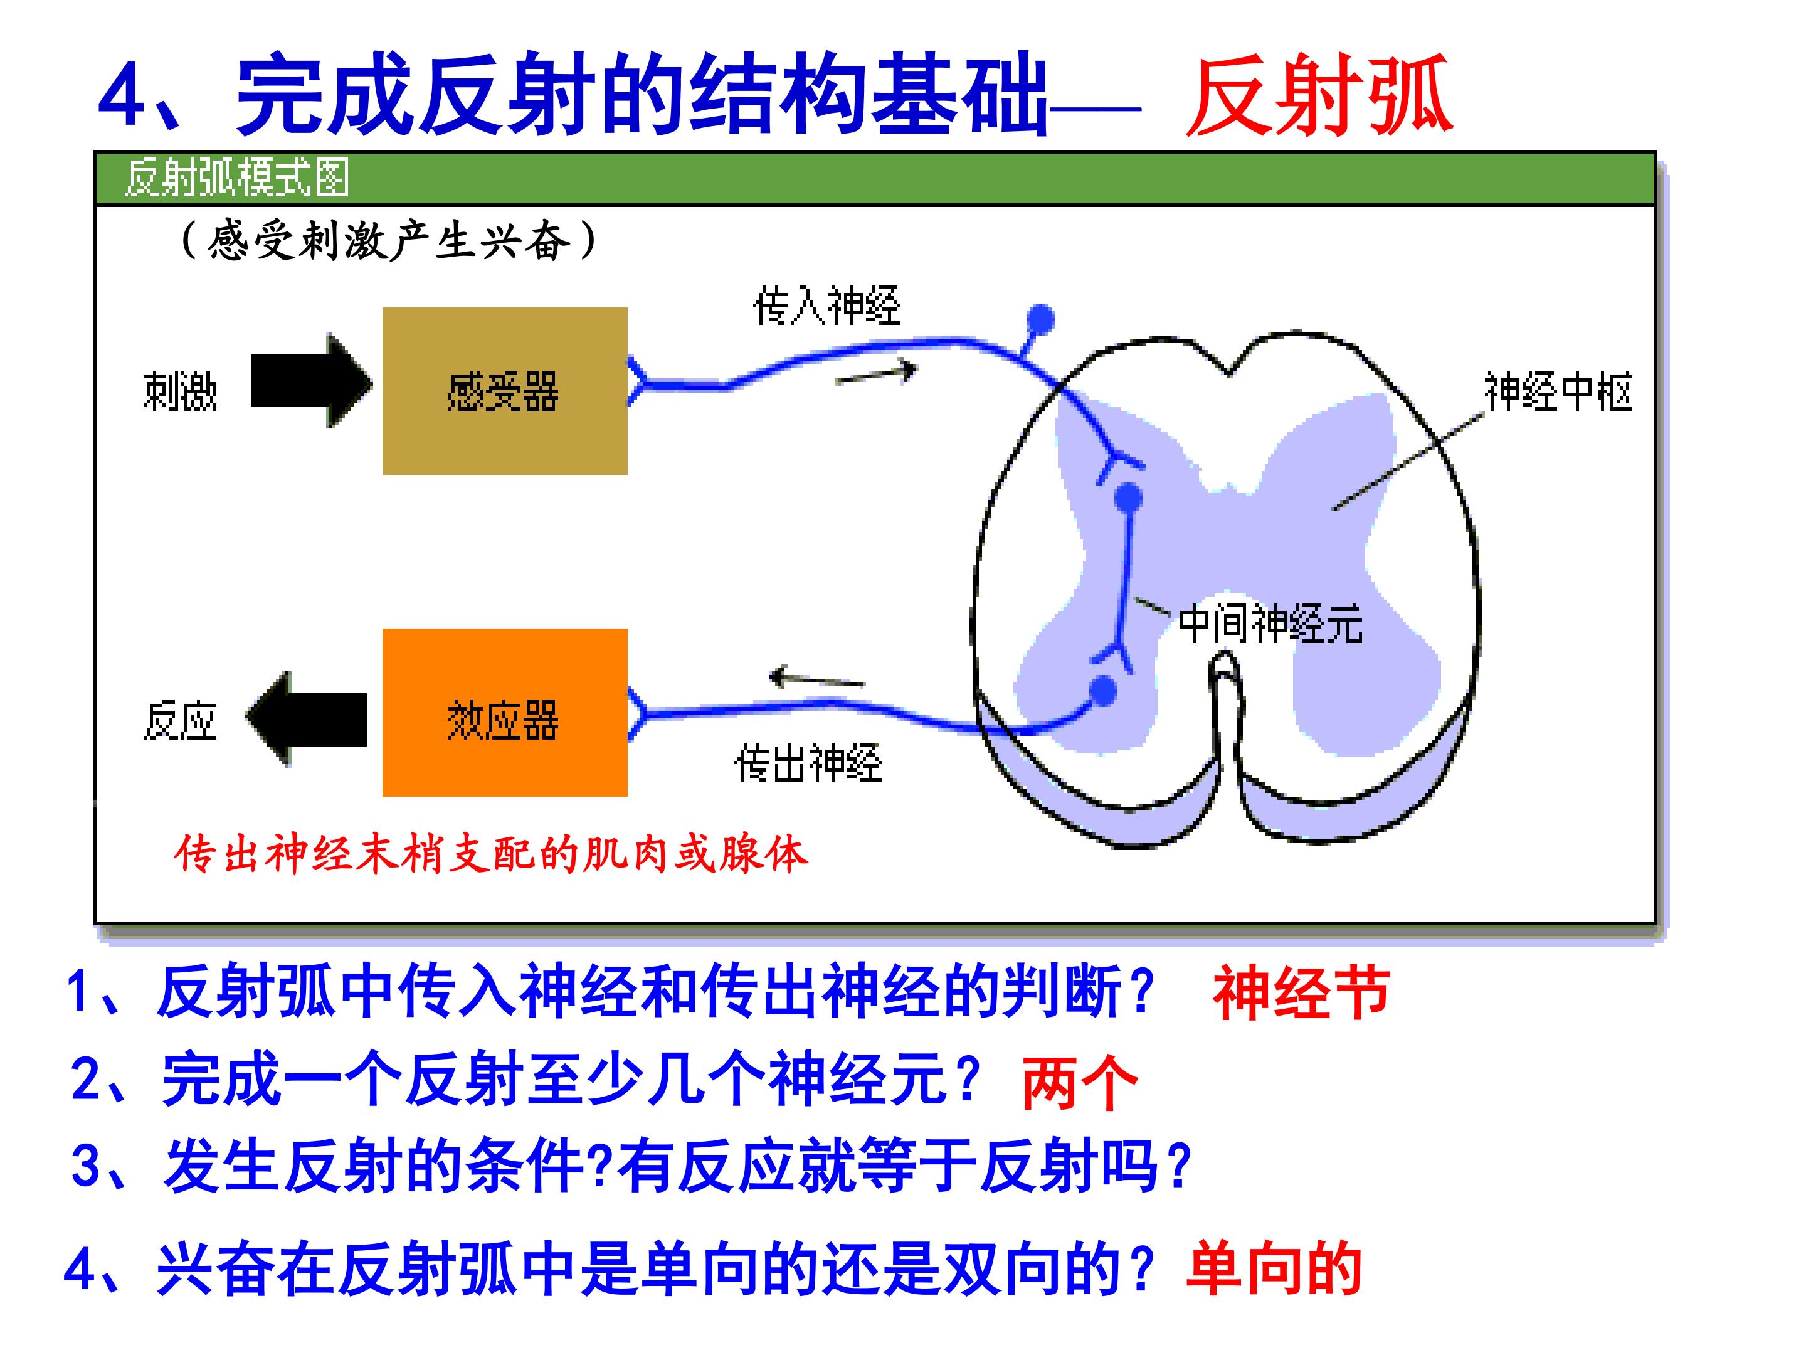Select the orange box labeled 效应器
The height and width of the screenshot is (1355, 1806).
coord(505,712)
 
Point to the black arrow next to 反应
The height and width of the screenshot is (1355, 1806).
coord(306,719)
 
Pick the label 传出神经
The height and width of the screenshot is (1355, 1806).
coord(808,763)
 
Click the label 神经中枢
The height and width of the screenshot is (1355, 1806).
coord(1558,392)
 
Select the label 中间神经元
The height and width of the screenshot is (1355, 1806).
coord(1270,625)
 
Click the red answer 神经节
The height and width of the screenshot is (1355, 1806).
coord(1301,992)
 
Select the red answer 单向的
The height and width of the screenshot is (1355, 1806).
coord(1274,1268)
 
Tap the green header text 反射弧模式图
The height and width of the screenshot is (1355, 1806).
coord(237,178)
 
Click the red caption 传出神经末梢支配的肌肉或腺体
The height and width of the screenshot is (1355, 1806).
coord(490,854)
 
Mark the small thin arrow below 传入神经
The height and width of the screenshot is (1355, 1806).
coord(876,373)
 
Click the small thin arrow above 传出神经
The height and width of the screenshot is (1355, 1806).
coord(816,678)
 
